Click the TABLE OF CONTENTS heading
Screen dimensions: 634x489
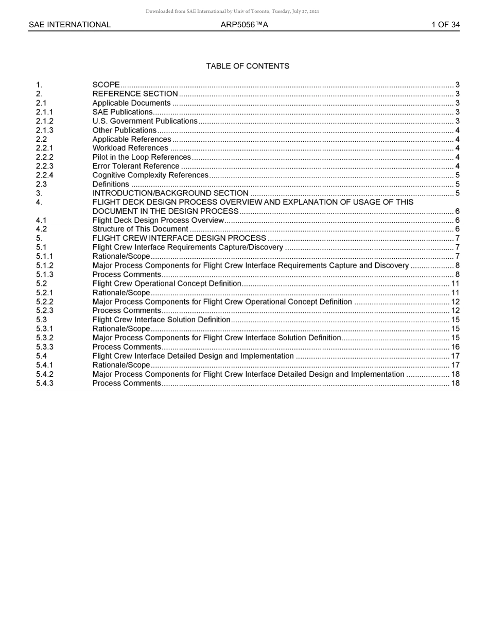pyautogui.click(x=248, y=66)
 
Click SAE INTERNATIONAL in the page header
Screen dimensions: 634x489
pyautogui.click(x=69, y=25)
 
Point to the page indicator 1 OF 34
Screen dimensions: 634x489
pyautogui.click(x=445, y=25)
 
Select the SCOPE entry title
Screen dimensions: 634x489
pyautogui.click(x=106, y=85)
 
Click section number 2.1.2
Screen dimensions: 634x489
pyautogui.click(x=44, y=121)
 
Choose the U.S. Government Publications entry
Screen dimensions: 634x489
pyautogui.click(x=145, y=121)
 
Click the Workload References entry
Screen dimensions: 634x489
pyautogui.click(x=130, y=148)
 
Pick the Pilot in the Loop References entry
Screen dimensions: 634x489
pyautogui.click(x=142, y=157)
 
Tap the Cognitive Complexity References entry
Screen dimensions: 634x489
pyautogui.click(x=150, y=175)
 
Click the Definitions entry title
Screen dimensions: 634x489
pyautogui.click(x=111, y=185)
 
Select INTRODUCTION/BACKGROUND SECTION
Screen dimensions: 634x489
pyautogui.click(x=170, y=193)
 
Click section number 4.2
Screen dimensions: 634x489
pyautogui.click(x=41, y=229)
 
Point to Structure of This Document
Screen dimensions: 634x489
pyautogui.click(x=140, y=229)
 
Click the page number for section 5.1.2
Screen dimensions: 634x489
pyautogui.click(x=457, y=265)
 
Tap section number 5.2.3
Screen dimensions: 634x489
pyautogui.click(x=44, y=311)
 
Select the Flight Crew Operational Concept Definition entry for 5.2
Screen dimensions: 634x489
pyautogui.click(x=167, y=283)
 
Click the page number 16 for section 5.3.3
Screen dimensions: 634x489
pyautogui.click(x=455, y=347)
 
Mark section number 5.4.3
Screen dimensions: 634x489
pyautogui.click(x=44, y=383)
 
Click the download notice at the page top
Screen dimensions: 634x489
pyautogui.click(x=232, y=11)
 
